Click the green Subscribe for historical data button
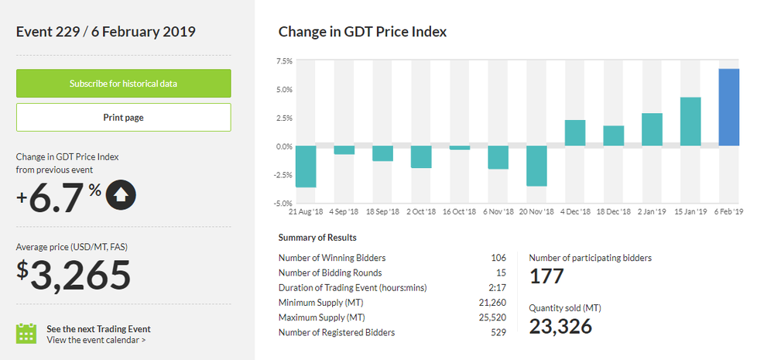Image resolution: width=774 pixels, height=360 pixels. [x=124, y=84]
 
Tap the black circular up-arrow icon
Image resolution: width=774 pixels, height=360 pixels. [x=121, y=195]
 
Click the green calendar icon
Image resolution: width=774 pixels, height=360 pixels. [x=27, y=334]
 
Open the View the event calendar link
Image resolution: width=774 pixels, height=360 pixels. [x=96, y=339]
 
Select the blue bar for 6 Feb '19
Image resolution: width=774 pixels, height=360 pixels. [x=729, y=108]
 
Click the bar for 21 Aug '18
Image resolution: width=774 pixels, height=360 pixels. [x=306, y=166]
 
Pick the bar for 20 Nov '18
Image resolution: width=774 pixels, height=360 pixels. [x=536, y=166]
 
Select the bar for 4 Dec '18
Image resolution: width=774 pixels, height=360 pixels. [x=575, y=133]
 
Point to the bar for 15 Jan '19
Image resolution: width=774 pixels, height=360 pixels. [x=690, y=122]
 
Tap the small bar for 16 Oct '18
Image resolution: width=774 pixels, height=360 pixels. [x=460, y=148]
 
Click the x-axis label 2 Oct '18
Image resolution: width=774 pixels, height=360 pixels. [x=421, y=211]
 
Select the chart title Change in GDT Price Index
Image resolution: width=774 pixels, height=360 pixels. [x=362, y=32]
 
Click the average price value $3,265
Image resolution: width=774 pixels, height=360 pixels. [x=74, y=275]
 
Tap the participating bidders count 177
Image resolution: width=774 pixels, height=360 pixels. [x=546, y=276]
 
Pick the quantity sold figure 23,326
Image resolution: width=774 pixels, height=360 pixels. [x=560, y=326]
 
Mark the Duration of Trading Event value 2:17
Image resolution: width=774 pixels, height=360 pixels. [x=498, y=288]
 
